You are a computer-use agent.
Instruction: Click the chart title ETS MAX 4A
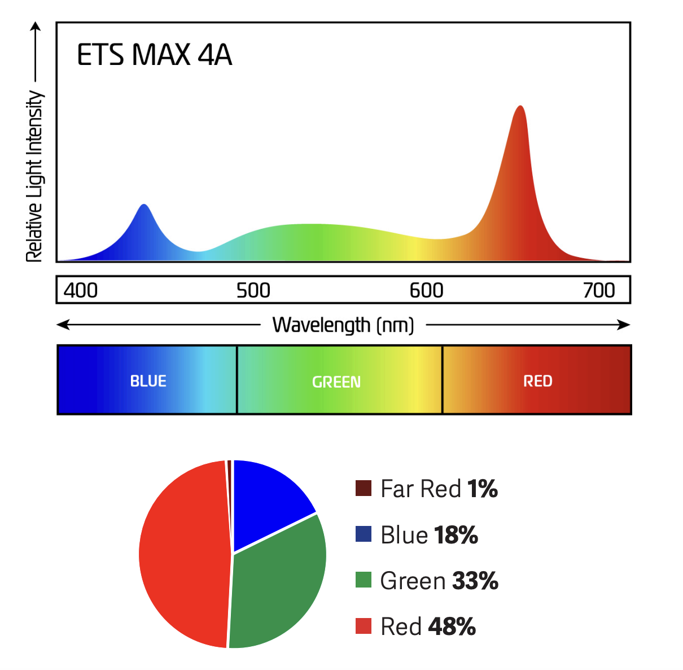(x=154, y=55)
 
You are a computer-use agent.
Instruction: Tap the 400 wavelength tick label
(x=80, y=290)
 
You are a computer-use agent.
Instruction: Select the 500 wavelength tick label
(x=253, y=290)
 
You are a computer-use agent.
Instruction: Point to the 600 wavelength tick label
(x=426, y=290)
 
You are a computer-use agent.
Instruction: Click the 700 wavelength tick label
(x=599, y=290)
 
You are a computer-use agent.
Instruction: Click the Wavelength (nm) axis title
(x=343, y=325)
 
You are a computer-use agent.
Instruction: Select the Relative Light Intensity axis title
(x=34, y=176)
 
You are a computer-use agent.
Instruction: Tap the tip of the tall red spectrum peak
(x=520, y=107)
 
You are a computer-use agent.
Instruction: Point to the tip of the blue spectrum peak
(x=145, y=205)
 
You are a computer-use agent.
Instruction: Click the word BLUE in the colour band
(x=148, y=381)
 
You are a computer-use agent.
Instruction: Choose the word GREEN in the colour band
(x=336, y=382)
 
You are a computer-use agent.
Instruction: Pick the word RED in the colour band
(x=537, y=381)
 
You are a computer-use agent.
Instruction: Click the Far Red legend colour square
(x=364, y=488)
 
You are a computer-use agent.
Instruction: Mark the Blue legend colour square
(x=364, y=534)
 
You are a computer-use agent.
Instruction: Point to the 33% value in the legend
(x=475, y=581)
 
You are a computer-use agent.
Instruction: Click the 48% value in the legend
(x=452, y=627)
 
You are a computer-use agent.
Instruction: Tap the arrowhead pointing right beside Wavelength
(x=624, y=325)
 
